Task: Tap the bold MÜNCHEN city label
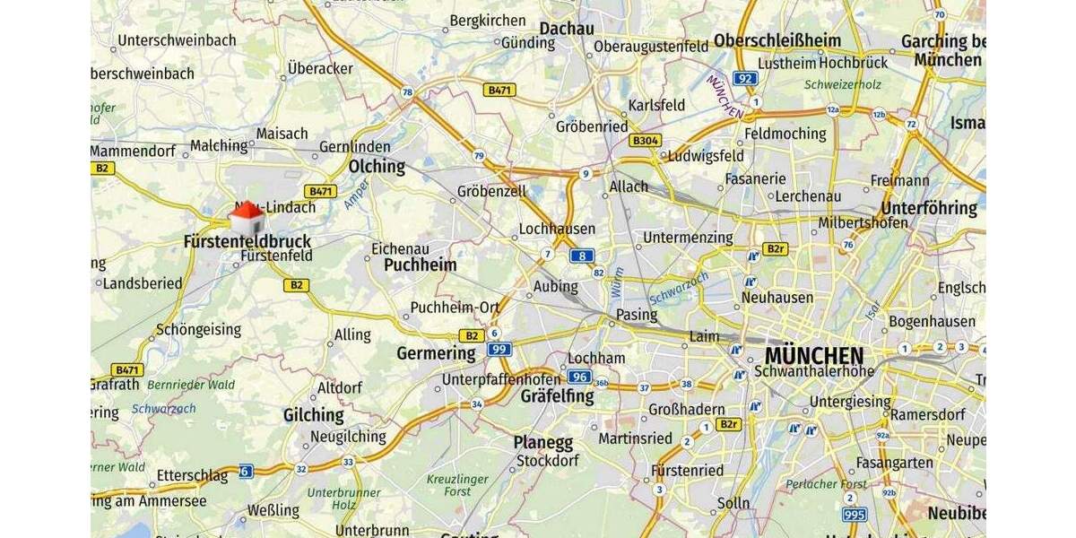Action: tap(814, 355)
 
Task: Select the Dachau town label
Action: tap(567, 29)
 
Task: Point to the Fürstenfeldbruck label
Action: tap(247, 241)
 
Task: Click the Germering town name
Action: tap(436, 353)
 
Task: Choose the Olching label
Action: tap(377, 167)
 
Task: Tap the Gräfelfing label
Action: tap(557, 395)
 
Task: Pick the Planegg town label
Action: tap(542, 442)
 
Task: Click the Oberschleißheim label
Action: tap(777, 40)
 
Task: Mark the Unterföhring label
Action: tap(929, 208)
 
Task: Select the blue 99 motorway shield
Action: tap(499, 349)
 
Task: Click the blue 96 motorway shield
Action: tap(580, 377)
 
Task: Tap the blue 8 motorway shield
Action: tap(581, 256)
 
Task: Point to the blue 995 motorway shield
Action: tap(855, 515)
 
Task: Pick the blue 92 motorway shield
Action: tap(745, 78)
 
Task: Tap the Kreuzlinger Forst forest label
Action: tap(457, 485)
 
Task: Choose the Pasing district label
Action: tap(637, 315)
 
